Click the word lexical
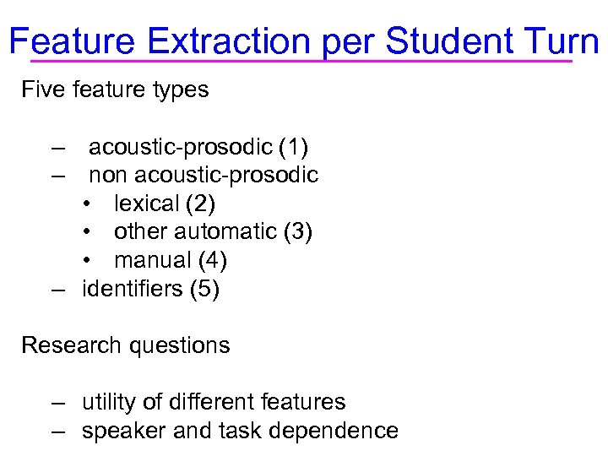(145, 204)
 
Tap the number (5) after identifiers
(205, 289)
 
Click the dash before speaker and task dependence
(57, 431)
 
